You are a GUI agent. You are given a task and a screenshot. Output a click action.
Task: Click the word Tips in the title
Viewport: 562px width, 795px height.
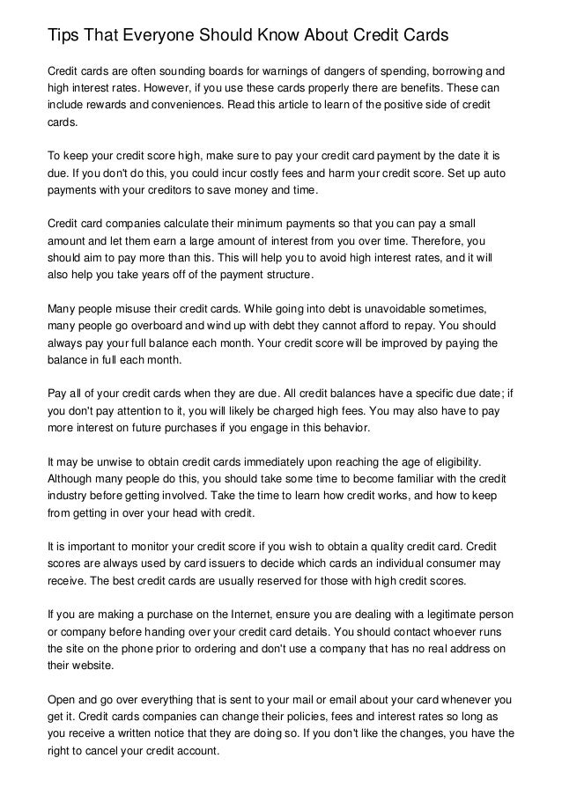point(63,35)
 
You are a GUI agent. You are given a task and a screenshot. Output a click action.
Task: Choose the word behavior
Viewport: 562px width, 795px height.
point(344,428)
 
